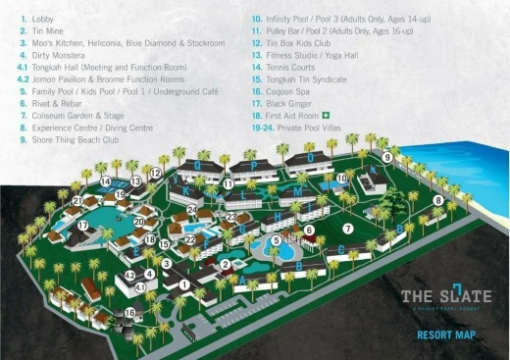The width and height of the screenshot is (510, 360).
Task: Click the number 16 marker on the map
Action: pos(130,313)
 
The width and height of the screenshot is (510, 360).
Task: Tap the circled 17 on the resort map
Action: pos(83,226)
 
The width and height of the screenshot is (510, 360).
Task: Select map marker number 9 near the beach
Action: pos(387,157)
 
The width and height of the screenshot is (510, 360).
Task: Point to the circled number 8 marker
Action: pos(438,200)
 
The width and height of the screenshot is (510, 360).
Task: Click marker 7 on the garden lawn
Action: pos(348,229)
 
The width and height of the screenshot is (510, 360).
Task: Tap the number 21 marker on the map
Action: pos(76,202)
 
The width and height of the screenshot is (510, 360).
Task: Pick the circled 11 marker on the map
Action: pos(227,183)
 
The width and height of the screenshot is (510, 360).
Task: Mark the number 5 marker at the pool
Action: pos(276,239)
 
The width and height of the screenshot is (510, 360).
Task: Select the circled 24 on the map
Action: pos(193,209)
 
